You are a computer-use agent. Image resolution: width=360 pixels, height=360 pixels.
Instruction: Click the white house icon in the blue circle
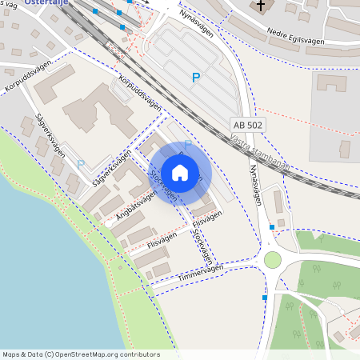[179, 173]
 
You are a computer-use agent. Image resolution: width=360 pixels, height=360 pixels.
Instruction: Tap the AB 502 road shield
[247, 126]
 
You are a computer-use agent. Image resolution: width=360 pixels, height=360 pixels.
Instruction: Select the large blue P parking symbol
[195, 78]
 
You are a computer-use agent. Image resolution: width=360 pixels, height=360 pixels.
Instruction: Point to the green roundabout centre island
[273, 260]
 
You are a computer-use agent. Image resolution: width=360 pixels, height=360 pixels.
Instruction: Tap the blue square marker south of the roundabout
[265, 298]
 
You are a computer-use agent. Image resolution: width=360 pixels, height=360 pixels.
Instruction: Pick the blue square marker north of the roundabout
[273, 227]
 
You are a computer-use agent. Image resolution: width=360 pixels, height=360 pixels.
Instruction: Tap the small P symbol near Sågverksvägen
[80, 164]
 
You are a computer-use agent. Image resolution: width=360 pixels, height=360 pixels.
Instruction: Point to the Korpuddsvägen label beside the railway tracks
[139, 94]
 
